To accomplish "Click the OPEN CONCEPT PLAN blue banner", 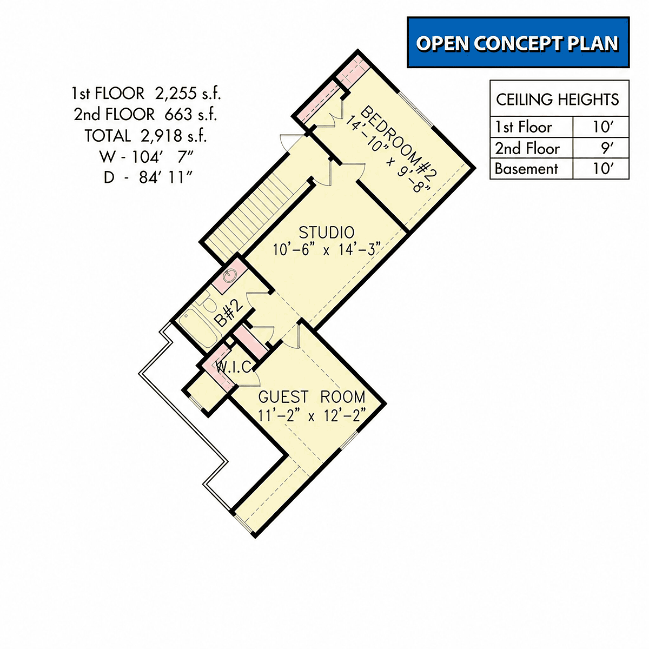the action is (518, 42).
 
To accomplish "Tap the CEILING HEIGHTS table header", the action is (558, 100).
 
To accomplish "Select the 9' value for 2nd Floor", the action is (607, 148).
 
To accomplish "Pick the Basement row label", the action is (526, 169).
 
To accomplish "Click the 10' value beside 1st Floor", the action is (604, 127).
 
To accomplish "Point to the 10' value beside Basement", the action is (604, 169).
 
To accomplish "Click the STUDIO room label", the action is (327, 233).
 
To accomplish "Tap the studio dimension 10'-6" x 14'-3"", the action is (327, 250).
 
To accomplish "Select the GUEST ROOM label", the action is (312, 397).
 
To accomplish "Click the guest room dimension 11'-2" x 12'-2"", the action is (312, 415).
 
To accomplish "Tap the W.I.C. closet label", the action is (234, 367).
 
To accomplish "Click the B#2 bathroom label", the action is (229, 314).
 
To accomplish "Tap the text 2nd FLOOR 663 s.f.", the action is (145, 115).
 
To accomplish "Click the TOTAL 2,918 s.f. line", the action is (145, 136).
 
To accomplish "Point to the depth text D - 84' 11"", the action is (148, 177).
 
